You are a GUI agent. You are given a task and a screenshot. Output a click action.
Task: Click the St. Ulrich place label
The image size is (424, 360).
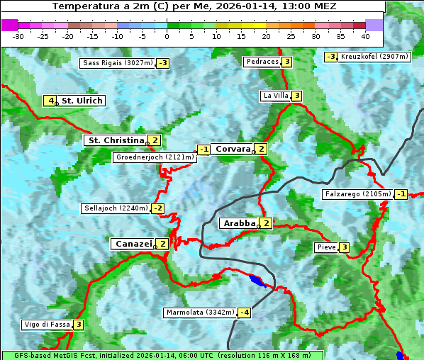tap(82, 101)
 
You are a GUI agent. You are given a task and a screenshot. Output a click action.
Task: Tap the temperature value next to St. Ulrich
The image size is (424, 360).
tap(49, 101)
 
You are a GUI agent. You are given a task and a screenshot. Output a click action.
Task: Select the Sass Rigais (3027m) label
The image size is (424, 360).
tap(117, 63)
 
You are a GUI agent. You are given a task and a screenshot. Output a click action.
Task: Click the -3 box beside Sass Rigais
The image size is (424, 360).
tap(163, 63)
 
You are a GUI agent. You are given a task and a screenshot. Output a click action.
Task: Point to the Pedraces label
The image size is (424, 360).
tap(262, 62)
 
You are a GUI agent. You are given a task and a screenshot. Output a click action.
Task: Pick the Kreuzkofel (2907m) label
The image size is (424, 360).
tap(374, 57)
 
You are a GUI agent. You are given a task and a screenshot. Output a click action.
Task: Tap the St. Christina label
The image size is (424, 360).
tap(115, 140)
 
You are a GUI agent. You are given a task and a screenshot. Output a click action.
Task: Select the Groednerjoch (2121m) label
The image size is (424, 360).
tap(154, 157)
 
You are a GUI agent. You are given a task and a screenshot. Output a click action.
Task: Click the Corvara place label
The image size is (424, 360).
tap(233, 149)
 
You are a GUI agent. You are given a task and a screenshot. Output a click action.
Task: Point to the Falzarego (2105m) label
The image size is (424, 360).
tap(357, 194)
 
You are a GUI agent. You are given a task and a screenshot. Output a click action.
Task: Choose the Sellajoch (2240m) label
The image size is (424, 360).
tap(116, 208)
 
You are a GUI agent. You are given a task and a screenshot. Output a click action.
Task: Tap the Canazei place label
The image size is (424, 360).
tap(133, 244)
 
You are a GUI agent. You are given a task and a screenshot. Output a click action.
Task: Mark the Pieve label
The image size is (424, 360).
tap(325, 247)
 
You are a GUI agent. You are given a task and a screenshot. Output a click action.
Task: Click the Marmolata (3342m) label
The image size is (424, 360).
tap(200, 313)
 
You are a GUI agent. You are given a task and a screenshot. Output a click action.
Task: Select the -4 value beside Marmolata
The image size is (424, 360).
tap(245, 313)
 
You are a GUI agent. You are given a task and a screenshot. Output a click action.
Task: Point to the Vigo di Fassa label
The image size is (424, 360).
tap(47, 325)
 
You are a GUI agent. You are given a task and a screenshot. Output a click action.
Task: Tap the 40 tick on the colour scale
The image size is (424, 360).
tap(365, 36)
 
